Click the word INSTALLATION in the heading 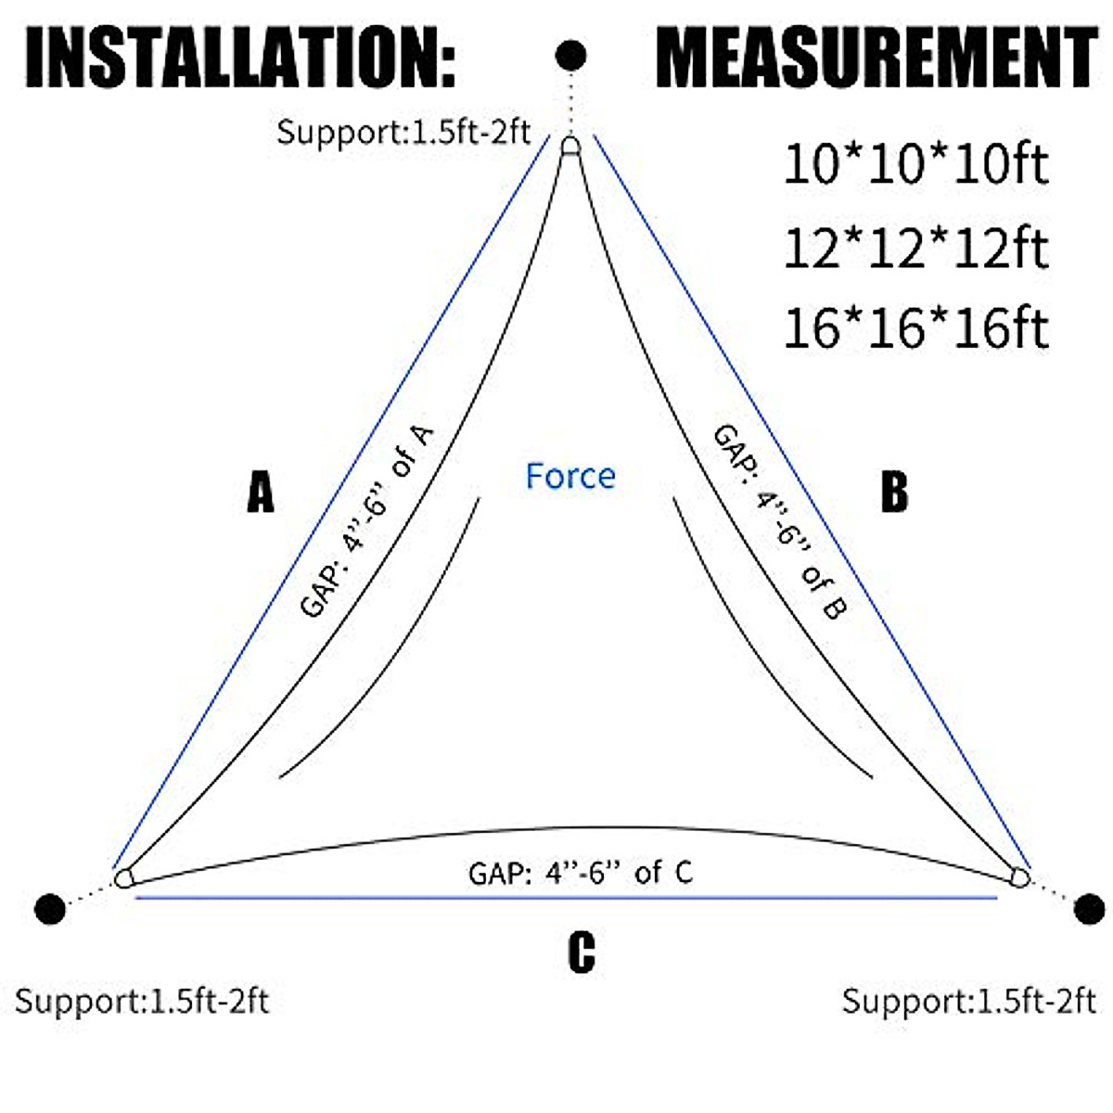240,58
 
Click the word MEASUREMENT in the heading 876,58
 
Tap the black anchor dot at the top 570,56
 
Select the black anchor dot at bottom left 50,909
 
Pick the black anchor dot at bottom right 1089,909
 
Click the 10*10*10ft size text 915,165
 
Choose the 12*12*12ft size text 915,249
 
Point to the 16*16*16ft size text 915,329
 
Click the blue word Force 570,476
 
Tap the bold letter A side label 261,492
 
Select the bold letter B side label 893,492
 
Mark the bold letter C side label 581,953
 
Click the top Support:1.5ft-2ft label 403,133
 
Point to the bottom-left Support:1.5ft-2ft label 141,1002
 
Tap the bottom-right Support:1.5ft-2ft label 968,1002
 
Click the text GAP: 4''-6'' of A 367,521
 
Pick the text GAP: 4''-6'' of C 581,873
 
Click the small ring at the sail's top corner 570,146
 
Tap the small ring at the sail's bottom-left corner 123,877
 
